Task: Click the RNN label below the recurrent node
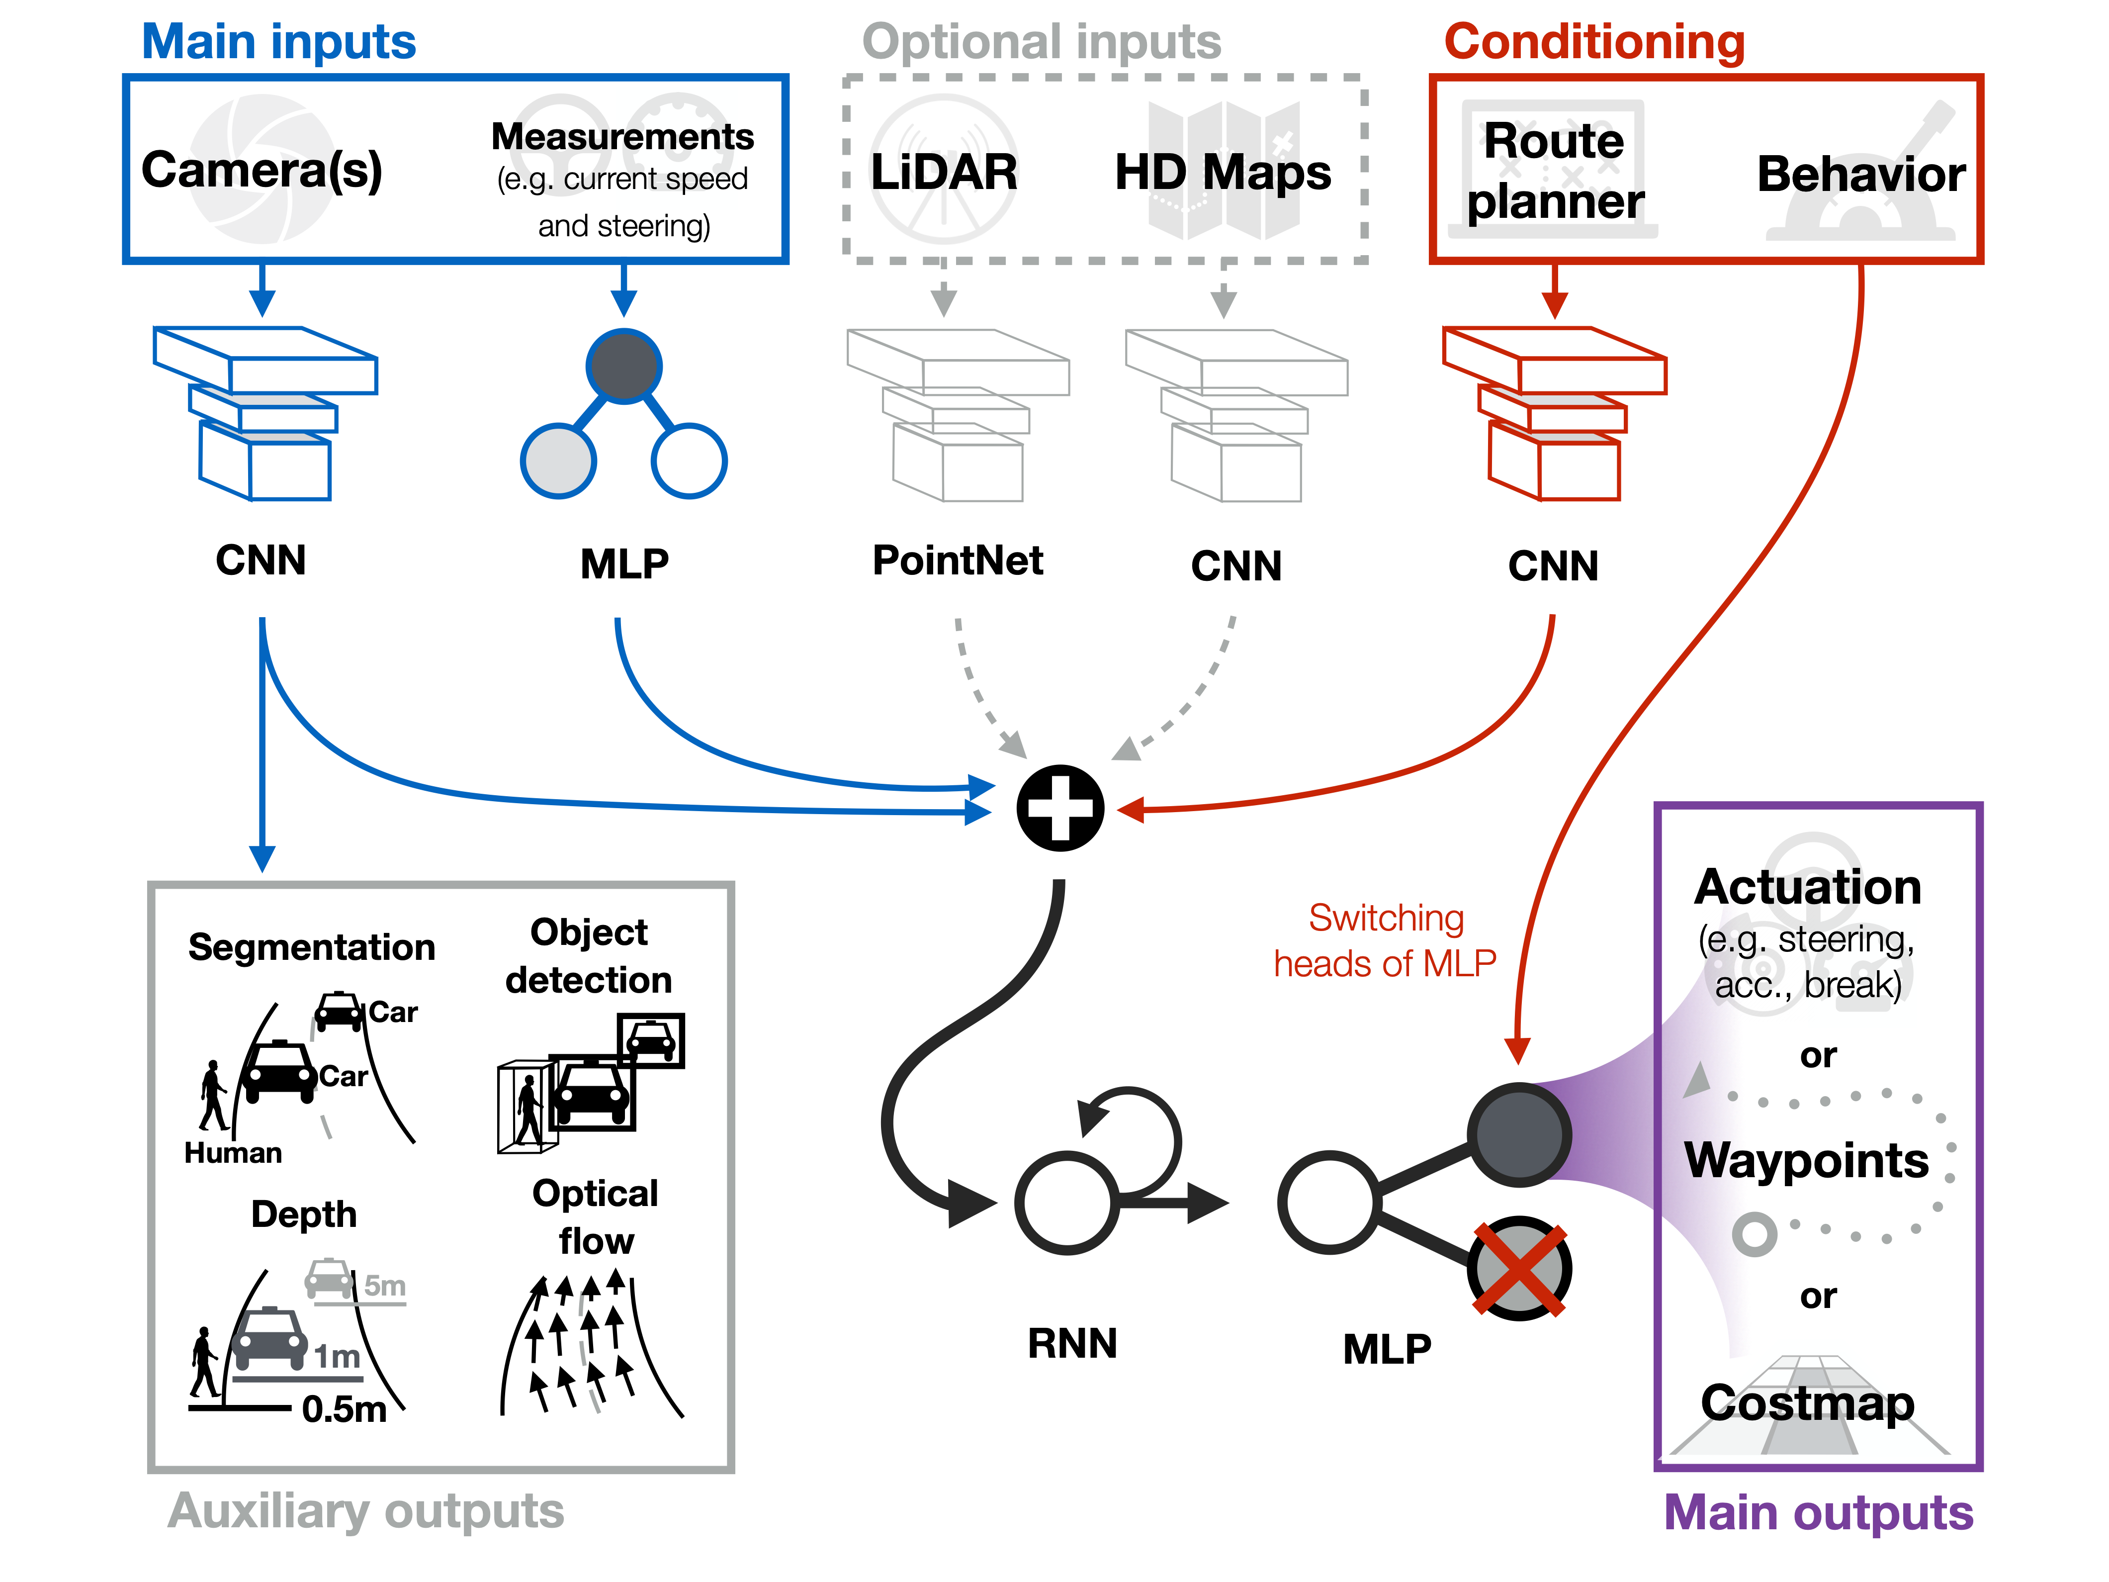coord(1072,1343)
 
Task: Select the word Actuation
coord(1807,887)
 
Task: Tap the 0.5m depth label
coord(344,1408)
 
